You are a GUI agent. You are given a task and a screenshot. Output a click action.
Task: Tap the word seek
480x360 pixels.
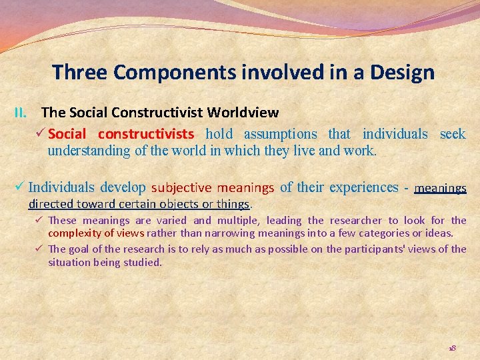pos(453,134)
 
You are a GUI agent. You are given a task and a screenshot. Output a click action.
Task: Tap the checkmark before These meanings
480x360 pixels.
pos(40,221)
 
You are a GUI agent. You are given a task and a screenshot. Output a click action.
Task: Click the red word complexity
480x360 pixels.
pos(77,233)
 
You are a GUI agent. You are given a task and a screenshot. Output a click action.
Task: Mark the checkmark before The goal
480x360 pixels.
pos(40,249)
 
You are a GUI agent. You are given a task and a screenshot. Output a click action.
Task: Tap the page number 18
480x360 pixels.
pos(452,349)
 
